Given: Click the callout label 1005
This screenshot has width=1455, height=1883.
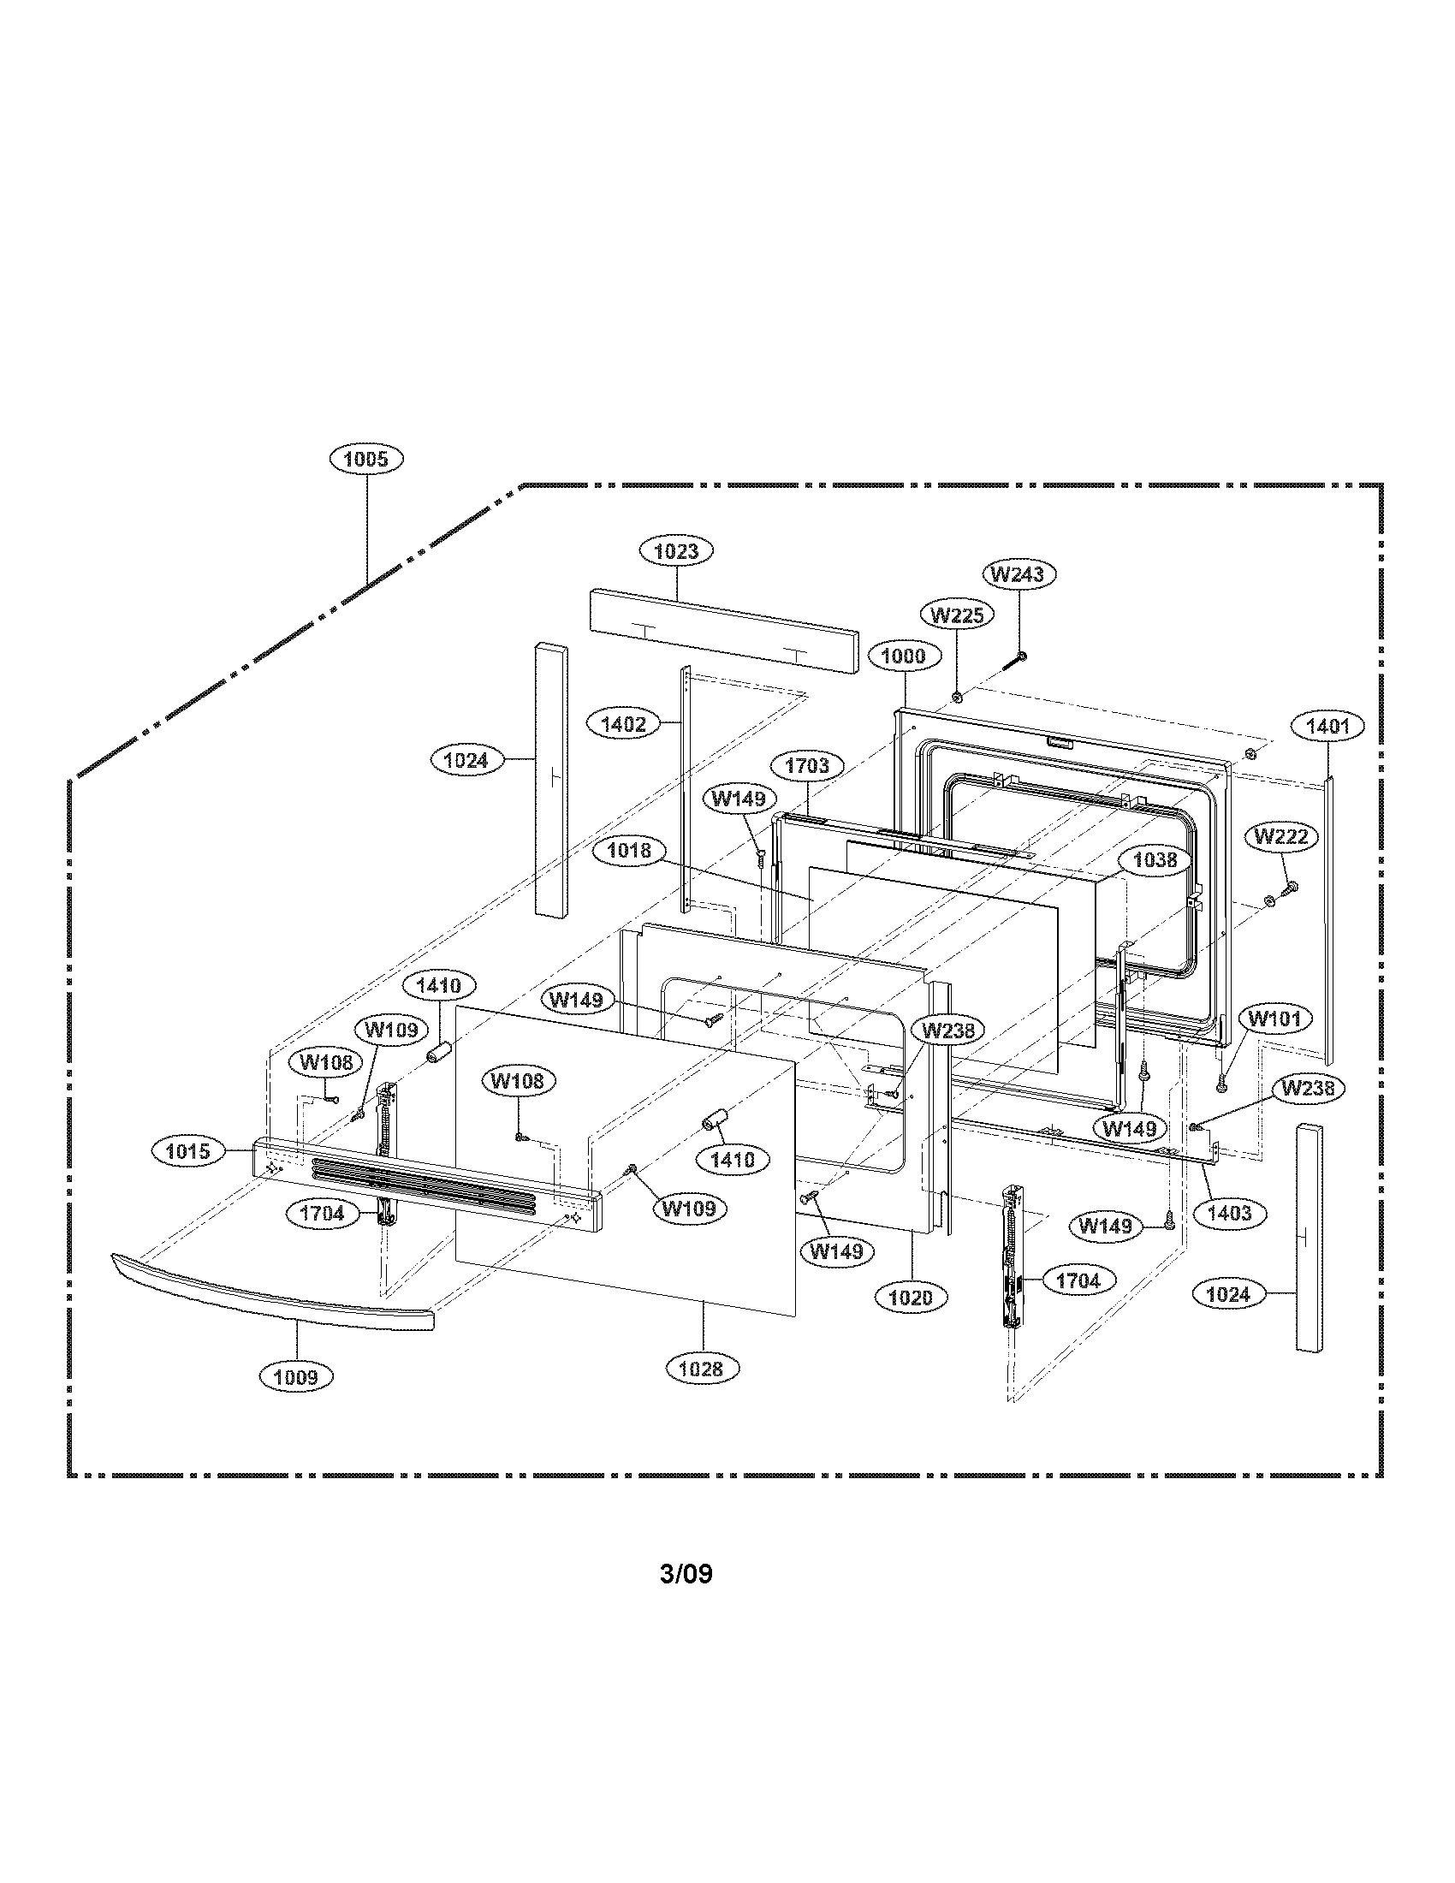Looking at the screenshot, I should (x=366, y=459).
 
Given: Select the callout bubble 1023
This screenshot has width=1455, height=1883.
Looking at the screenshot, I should (x=676, y=551).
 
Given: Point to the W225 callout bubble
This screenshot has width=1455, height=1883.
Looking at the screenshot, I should (x=957, y=615).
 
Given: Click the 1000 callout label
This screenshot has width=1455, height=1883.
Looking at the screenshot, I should (x=903, y=656).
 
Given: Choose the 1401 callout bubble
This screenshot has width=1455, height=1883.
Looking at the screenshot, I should (x=1327, y=726).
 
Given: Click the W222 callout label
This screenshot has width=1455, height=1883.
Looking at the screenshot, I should (x=1281, y=836).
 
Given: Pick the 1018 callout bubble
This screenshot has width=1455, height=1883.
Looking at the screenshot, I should (x=629, y=851).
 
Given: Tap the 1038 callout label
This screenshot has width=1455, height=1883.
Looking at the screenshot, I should (x=1155, y=859).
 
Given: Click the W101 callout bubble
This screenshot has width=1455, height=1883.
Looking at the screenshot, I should (x=1274, y=1019).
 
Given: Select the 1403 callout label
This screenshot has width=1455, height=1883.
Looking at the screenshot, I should (x=1228, y=1213).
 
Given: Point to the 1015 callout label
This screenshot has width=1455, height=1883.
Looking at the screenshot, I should (x=188, y=1151).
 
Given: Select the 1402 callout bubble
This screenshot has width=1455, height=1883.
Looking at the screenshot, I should (x=623, y=724).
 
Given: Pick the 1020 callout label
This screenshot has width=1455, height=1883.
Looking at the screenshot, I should (x=912, y=1297).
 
